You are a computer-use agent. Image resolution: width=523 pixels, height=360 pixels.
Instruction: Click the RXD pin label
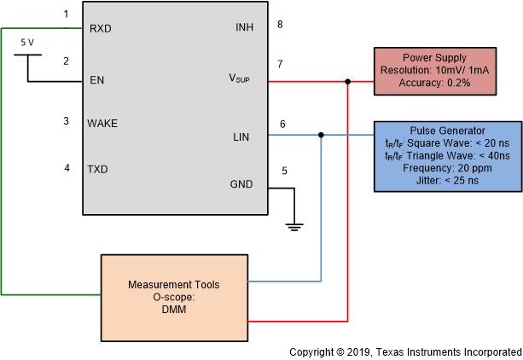click(x=100, y=28)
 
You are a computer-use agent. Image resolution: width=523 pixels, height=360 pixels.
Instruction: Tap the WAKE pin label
click(x=102, y=123)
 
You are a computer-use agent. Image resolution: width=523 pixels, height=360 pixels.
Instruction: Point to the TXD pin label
click(x=99, y=169)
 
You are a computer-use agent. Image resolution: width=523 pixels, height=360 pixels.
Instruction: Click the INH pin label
click(x=244, y=28)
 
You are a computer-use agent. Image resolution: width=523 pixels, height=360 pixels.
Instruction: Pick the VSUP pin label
click(x=241, y=78)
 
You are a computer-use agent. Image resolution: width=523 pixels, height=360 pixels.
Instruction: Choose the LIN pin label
click(x=241, y=136)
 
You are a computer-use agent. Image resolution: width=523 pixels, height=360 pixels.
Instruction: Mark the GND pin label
click(x=241, y=184)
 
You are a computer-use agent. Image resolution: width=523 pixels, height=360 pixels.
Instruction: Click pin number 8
click(x=280, y=24)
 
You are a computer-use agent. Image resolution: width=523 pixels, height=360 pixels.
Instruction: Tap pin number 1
click(x=66, y=15)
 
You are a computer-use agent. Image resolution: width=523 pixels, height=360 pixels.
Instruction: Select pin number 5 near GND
click(x=284, y=170)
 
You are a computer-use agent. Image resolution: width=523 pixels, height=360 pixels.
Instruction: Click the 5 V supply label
click(x=28, y=41)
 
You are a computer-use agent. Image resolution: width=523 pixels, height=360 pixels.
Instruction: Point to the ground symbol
click(x=294, y=226)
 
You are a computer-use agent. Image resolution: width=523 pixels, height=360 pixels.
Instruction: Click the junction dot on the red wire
click(x=347, y=82)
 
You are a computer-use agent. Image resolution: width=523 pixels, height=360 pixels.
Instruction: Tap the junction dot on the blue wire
click(x=321, y=135)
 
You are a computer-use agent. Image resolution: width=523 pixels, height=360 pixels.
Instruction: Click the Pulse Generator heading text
click(x=447, y=131)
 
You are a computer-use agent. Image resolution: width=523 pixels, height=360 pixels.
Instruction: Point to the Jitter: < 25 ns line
click(x=447, y=180)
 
